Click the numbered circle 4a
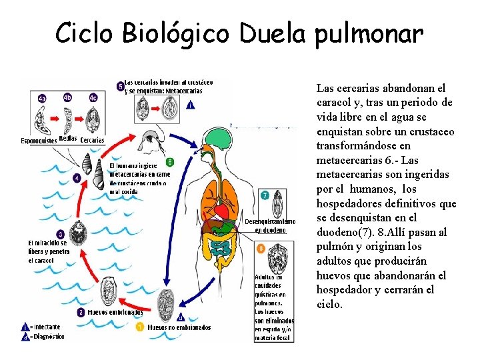tap(42, 98)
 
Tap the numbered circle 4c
tap(93, 98)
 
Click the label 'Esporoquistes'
tap(39, 140)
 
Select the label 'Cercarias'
tap(93, 140)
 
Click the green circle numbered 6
tap(170, 162)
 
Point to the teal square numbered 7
tap(265, 195)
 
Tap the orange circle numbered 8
tap(261, 248)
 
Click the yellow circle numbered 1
tap(140, 327)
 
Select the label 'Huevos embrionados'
tap(114, 312)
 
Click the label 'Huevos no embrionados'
tap(179, 327)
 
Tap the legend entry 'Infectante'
tap(45, 327)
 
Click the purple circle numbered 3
tap(61, 234)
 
